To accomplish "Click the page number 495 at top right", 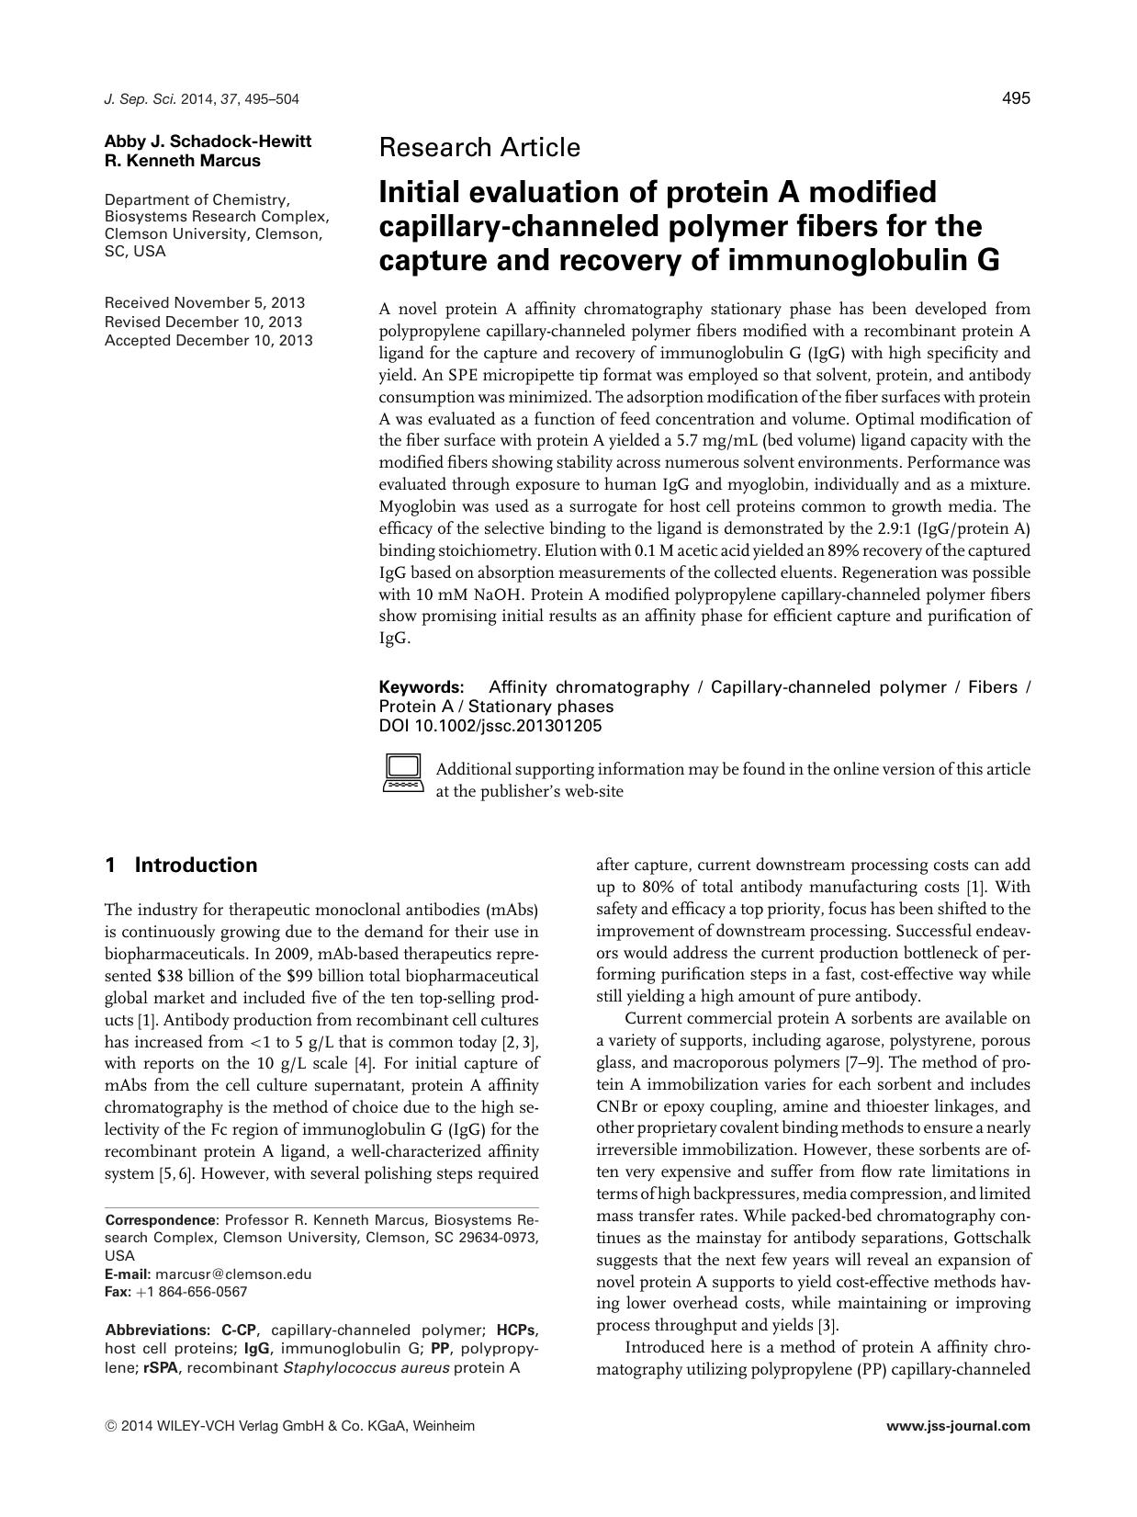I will (x=1015, y=98).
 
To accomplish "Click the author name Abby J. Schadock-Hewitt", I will (x=208, y=142).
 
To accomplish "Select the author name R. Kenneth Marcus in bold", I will (x=182, y=161).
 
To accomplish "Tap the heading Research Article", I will (x=479, y=147).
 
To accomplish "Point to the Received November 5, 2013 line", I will (x=204, y=302).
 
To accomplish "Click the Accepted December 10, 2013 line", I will (x=208, y=341).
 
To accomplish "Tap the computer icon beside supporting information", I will (x=401, y=773).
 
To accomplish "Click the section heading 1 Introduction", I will (x=181, y=866).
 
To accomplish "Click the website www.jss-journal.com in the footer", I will (x=958, y=1427).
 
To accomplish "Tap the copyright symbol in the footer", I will (x=111, y=1427).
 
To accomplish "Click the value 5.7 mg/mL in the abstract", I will (x=734, y=441).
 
